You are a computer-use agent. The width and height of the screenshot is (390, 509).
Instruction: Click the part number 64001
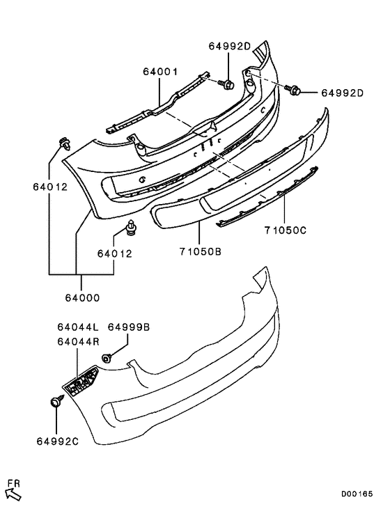coord(161,72)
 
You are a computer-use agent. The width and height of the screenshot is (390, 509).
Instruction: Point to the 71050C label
coord(284,230)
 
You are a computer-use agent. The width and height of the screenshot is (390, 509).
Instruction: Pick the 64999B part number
coord(129,327)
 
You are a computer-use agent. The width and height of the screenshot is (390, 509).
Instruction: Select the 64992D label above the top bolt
coord(229,47)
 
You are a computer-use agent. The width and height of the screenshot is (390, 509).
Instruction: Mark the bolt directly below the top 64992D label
coord(228,84)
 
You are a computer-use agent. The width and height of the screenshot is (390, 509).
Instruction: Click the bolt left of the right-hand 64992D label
coord(293,90)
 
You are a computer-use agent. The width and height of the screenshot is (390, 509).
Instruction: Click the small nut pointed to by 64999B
coord(107,358)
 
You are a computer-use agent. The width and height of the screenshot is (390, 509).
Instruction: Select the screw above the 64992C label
coord(55,403)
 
